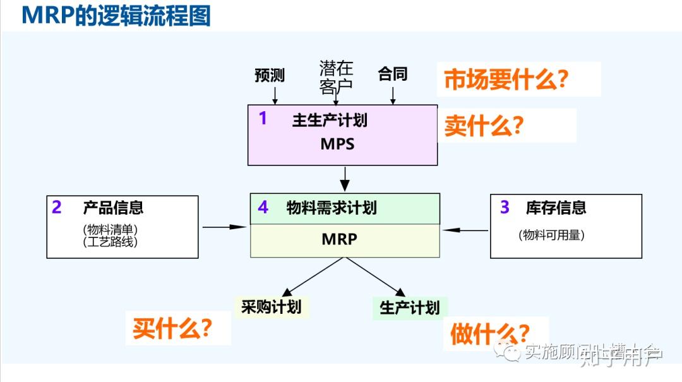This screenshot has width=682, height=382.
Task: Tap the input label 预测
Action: pyautogui.click(x=270, y=76)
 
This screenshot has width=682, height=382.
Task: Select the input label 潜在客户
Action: pyautogui.click(x=336, y=76)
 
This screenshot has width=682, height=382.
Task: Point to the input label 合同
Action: pyautogui.click(x=393, y=74)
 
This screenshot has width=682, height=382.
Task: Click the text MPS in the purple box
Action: pyautogui.click(x=337, y=144)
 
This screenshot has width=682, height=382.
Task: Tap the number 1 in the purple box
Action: pyautogui.click(x=263, y=118)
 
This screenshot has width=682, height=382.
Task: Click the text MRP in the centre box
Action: pyautogui.click(x=339, y=239)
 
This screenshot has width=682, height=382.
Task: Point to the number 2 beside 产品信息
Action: pyautogui.click(x=57, y=207)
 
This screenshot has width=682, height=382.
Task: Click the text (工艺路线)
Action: pyautogui.click(x=110, y=242)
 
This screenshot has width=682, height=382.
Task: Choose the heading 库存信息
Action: pyautogui.click(x=556, y=207)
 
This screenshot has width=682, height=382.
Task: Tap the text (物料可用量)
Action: pyautogui.click(x=551, y=235)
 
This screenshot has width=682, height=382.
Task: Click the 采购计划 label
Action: pyautogui.click(x=271, y=307)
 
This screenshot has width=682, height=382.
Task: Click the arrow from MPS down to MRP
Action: pyautogui.click(x=344, y=178)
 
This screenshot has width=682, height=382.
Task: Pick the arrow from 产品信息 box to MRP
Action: pyautogui.click(x=224, y=227)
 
